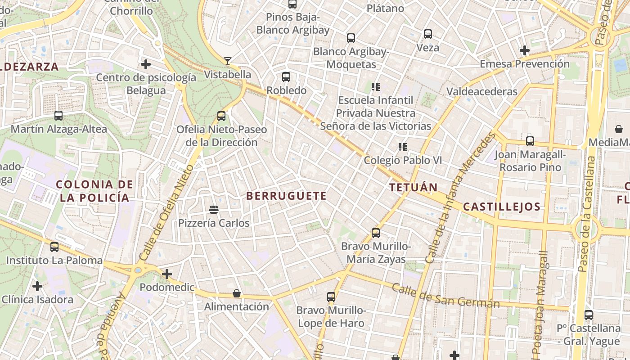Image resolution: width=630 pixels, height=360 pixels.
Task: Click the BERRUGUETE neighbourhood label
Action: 287,196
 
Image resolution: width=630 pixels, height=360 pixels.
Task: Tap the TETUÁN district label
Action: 414,187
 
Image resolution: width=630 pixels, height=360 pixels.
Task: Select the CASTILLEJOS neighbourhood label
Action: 501,207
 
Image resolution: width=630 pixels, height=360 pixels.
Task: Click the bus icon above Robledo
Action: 286,77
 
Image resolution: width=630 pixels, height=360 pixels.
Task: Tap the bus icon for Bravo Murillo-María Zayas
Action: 376,233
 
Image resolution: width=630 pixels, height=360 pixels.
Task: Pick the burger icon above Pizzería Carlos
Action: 214,209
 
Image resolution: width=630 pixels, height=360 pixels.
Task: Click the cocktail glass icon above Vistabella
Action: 228,61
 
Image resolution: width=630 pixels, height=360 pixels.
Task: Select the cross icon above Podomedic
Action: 167,274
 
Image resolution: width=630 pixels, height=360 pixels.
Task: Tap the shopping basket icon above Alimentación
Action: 237,293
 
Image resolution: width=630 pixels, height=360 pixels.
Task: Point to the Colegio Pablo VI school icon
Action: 402,147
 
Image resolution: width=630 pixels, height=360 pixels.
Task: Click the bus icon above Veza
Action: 427,34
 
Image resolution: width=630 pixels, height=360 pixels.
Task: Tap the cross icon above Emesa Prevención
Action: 524,50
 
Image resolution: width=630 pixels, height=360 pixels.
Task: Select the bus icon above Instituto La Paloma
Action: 54,247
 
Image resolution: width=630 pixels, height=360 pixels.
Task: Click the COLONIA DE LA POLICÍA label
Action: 94,191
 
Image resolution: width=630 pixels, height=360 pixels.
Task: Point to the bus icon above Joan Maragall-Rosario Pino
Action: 530,141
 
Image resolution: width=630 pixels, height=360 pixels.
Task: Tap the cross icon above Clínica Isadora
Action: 37,286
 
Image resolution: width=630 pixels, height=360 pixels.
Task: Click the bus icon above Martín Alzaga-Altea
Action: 58,116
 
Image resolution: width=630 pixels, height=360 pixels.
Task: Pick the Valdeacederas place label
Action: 482,91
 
